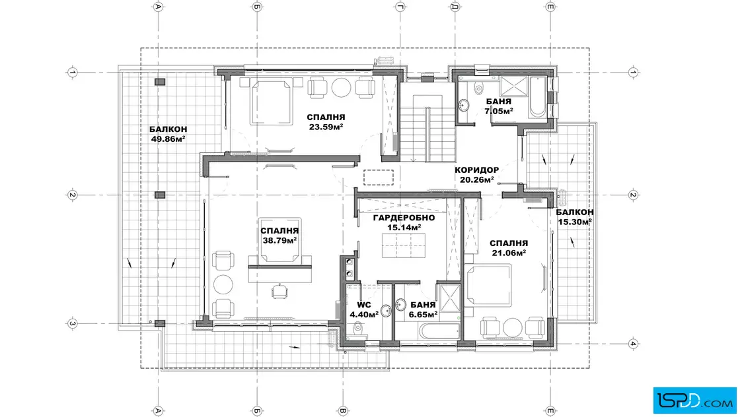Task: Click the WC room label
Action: [x=364, y=305]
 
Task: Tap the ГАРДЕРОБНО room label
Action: [x=404, y=218]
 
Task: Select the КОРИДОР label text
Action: [x=476, y=170]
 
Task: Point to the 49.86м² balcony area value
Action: [x=168, y=139]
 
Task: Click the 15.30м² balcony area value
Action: [x=574, y=222]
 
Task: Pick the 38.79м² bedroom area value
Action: [x=279, y=240]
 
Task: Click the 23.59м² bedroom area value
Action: [x=326, y=127]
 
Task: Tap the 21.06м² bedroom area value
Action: [x=508, y=253]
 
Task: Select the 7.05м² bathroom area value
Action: [x=498, y=112]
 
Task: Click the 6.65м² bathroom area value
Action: [x=423, y=314]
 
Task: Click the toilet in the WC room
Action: [x=358, y=327]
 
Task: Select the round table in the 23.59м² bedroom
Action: [x=341, y=87]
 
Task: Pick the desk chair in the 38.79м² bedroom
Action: [x=279, y=291]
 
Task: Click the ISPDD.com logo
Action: [x=694, y=400]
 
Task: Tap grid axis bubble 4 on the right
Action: [x=633, y=343]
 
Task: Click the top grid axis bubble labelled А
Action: [x=159, y=7]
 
